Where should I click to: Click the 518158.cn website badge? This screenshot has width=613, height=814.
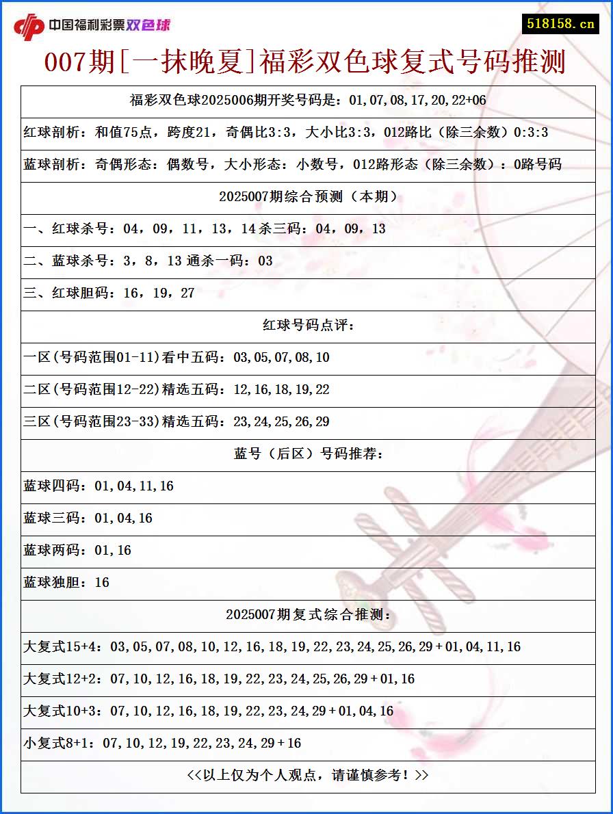[x=560, y=23]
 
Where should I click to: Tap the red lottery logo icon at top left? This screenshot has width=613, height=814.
[x=29, y=26]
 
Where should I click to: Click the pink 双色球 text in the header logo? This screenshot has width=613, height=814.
[x=148, y=25]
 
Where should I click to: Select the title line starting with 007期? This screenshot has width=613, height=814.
[x=305, y=62]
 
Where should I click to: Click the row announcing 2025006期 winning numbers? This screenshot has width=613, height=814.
[x=308, y=101]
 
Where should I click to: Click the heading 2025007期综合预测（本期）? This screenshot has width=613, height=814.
[x=308, y=197]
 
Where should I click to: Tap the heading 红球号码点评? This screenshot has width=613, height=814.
[x=308, y=326]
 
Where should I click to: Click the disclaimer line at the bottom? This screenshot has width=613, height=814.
[x=308, y=776]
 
